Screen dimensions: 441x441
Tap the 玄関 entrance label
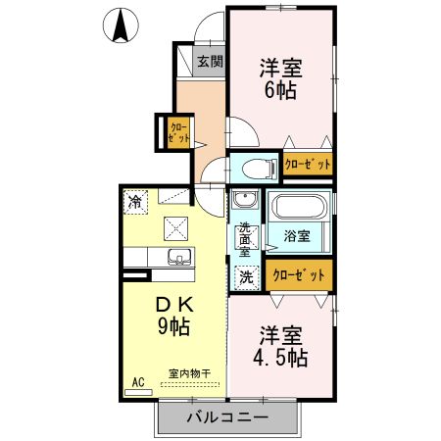point(209,62)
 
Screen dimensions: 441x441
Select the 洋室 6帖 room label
point(281,78)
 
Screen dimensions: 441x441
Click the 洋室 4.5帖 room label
point(281,346)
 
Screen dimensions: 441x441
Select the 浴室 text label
point(297,235)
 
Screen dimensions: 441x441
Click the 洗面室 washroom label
point(244,239)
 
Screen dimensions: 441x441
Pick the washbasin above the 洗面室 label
point(245,204)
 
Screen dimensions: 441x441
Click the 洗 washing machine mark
point(246,276)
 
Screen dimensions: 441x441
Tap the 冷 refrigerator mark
point(133,201)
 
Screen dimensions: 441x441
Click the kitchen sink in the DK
point(177,258)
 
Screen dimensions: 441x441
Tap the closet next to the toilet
point(308,165)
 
